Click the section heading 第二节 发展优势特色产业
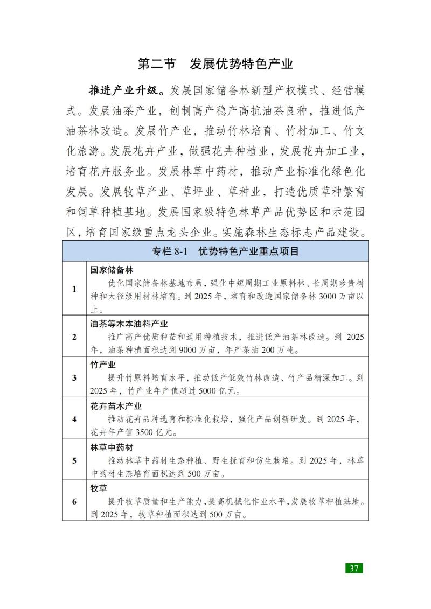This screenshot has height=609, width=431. coord(215,64)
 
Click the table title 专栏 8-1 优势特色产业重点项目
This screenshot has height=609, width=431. coord(215,251)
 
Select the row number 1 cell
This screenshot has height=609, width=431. coord(74,289)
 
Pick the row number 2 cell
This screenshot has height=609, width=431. coord(74,337)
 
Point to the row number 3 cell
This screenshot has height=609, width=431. coord(74,377)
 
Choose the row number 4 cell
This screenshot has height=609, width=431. coord(74,418)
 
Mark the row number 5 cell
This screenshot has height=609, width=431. coord(74,460)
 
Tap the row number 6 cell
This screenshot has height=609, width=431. coord(74,502)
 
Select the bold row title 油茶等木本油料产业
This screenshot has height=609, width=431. coord(129,324)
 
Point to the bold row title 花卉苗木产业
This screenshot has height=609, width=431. coord(115,406)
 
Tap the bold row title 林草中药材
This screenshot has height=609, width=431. coord(112,447)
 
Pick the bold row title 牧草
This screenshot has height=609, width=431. coord(99,489)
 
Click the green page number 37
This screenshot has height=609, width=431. coord(354,569)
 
